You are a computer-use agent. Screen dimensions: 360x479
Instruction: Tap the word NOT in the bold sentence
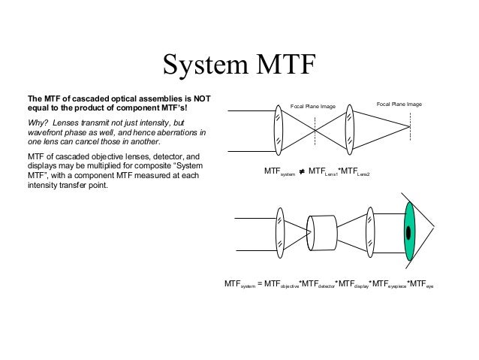point(200,98)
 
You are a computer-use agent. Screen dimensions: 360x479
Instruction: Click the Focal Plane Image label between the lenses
point(314,107)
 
